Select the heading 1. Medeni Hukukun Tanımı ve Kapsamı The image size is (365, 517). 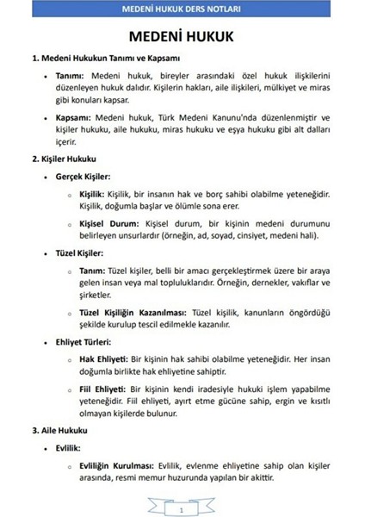pos(105,59)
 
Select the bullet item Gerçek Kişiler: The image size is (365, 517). pos(81,178)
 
